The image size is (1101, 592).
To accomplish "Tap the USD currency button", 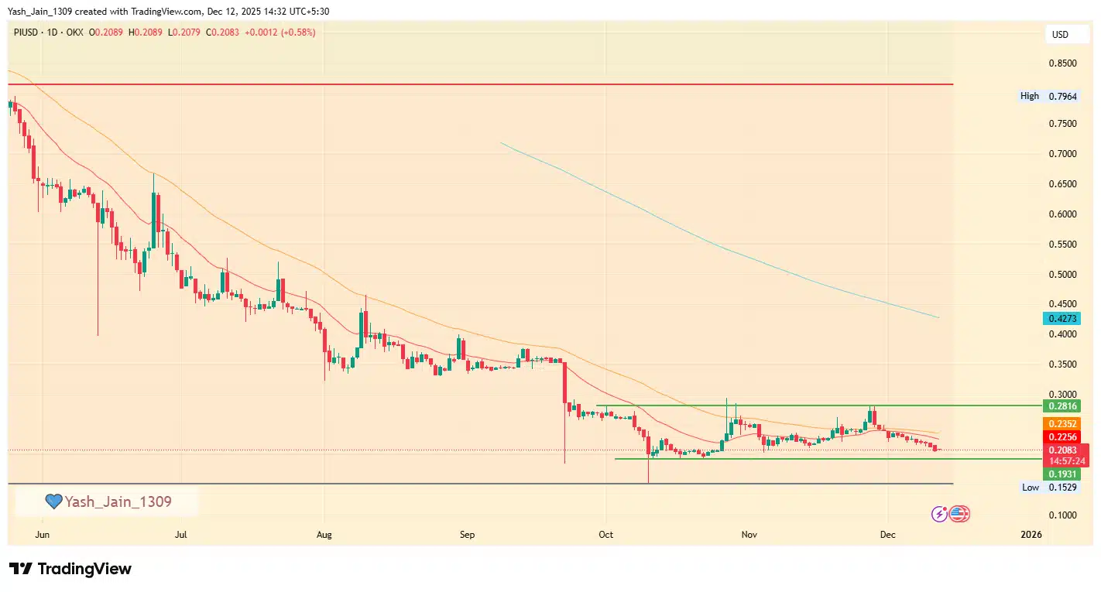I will click(1060, 35).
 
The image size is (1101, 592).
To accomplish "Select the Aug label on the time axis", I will click(324, 535).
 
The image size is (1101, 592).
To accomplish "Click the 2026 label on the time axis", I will click(1031, 535).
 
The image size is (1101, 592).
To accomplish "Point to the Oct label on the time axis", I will click(605, 535).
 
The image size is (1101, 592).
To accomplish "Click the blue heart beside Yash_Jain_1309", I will click(53, 502).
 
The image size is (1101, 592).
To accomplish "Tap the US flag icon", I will click(959, 514).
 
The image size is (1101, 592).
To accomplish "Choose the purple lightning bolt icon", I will click(939, 514).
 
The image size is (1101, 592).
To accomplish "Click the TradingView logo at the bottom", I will click(70, 570).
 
